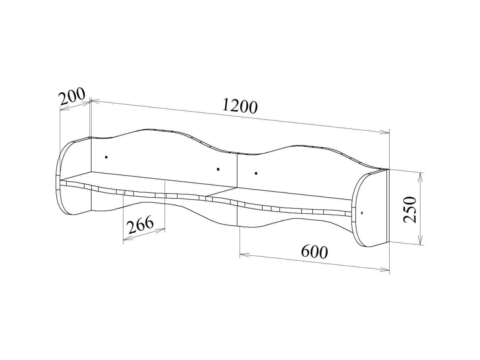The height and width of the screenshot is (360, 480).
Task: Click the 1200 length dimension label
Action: tap(240, 107)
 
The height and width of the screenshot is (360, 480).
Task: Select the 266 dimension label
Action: tap(140, 224)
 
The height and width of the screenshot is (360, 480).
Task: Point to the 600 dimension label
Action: tap(314, 252)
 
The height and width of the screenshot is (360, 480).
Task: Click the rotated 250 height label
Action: tap(410, 210)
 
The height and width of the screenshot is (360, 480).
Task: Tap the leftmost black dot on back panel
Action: tap(106, 157)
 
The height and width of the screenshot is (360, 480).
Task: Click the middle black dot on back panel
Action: tap(218, 169)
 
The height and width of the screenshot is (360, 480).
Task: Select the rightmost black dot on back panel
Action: tap(256, 173)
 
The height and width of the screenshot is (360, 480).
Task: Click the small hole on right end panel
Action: tap(362, 212)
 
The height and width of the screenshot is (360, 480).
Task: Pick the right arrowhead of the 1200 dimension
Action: tap(385, 132)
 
